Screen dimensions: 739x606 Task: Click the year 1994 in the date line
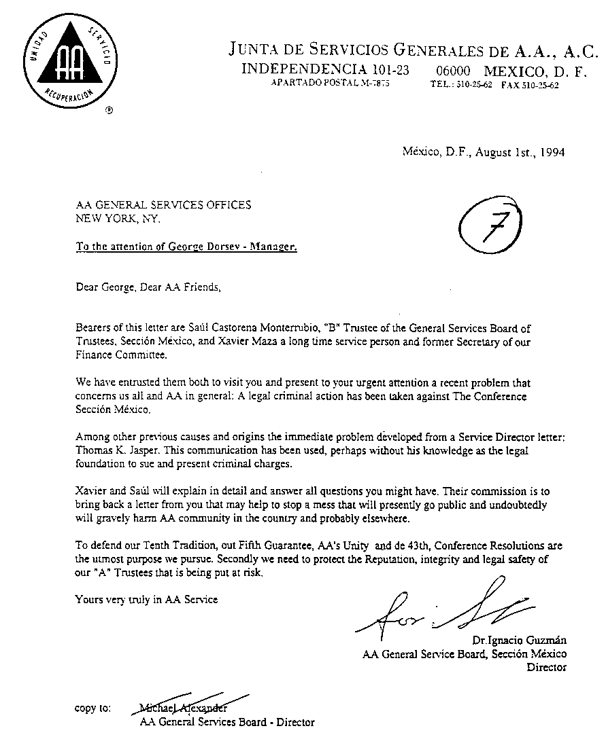550,153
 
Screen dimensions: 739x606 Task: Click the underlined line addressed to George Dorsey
186,247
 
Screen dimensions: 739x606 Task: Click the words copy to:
92,708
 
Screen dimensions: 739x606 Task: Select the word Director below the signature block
547,667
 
